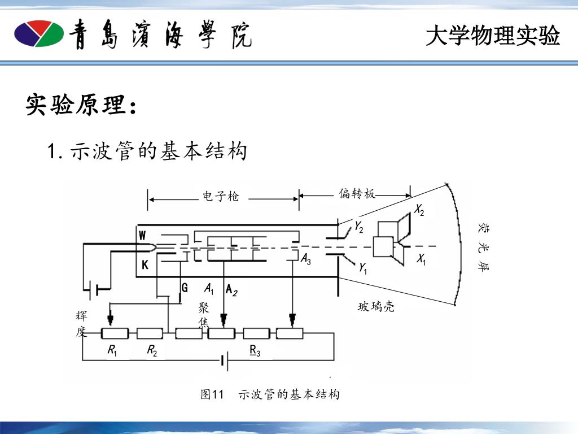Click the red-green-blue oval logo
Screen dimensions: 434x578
pyautogui.click(x=38, y=34)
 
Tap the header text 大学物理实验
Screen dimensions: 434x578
pyautogui.click(x=493, y=36)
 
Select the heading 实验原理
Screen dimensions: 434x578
pyautogui.click(x=81, y=105)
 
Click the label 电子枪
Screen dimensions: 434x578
pyautogui.click(x=221, y=197)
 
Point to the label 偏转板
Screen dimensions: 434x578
pyautogui.click(x=357, y=194)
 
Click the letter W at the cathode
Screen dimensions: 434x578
pyautogui.click(x=143, y=235)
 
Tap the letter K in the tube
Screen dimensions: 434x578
pyautogui.click(x=145, y=265)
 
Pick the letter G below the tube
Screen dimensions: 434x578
pyautogui.click(x=184, y=288)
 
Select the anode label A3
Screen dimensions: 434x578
pyautogui.click(x=305, y=260)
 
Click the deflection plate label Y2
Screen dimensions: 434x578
pyautogui.click(x=359, y=227)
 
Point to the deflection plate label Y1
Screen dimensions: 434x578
pyautogui.click(x=363, y=268)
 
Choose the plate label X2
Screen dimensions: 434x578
pyautogui.click(x=419, y=211)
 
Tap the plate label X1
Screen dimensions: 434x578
pyautogui.click(x=421, y=260)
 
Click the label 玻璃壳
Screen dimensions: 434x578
pyautogui.click(x=376, y=307)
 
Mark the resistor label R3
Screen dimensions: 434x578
pyautogui.click(x=255, y=351)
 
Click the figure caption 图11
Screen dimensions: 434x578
pyautogui.click(x=213, y=394)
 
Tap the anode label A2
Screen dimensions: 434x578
pyautogui.click(x=231, y=290)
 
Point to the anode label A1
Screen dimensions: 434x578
pyautogui.click(x=209, y=289)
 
